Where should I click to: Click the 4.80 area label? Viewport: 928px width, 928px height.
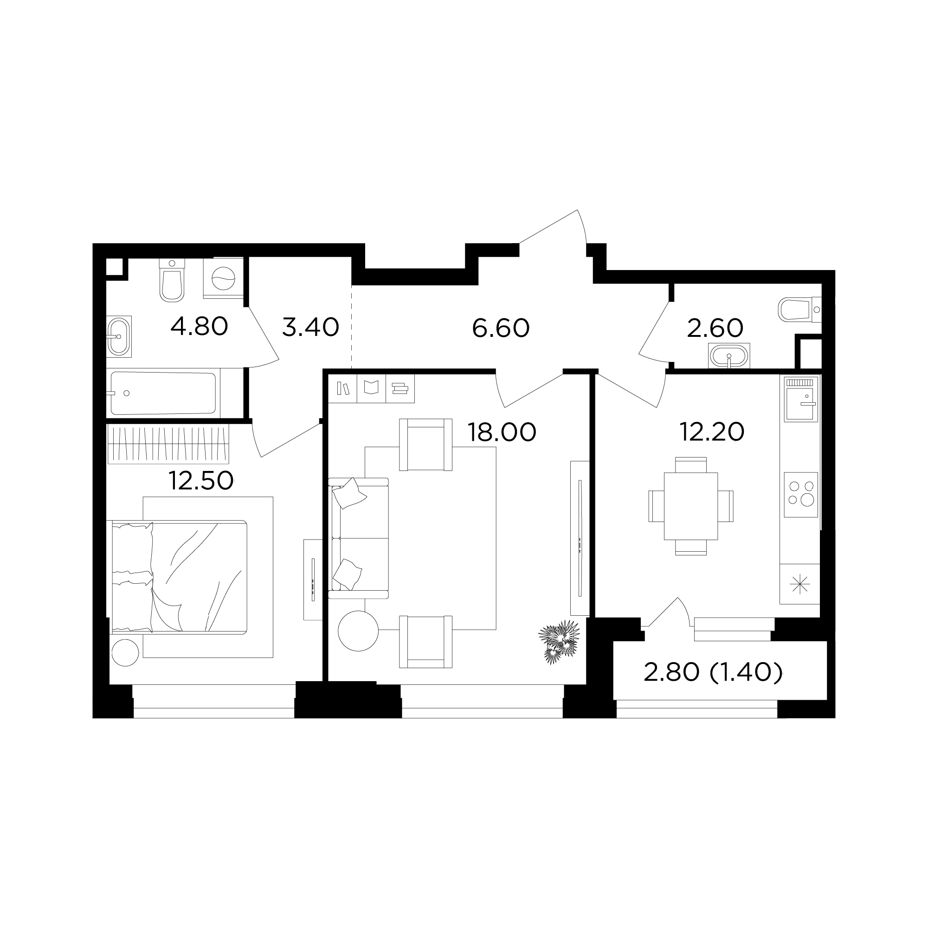[199, 327]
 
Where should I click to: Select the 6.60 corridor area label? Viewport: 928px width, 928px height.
[501, 328]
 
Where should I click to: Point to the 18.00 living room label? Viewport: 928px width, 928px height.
[502, 432]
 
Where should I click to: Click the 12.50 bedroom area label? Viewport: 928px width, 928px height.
[201, 480]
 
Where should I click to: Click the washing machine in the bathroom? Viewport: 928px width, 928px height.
[223, 278]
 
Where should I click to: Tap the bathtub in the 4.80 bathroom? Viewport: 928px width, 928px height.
[163, 393]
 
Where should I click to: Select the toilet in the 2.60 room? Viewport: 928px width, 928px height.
[799, 309]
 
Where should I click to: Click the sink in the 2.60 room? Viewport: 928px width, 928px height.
[728, 356]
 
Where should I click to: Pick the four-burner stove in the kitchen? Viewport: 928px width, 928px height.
[801, 495]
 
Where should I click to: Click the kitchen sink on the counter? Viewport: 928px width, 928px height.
[801, 399]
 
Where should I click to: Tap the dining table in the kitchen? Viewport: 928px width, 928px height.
[691, 506]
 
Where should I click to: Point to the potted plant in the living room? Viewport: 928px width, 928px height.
[559, 642]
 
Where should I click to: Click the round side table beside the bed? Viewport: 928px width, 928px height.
[125, 653]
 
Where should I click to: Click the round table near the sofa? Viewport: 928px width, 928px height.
[358, 631]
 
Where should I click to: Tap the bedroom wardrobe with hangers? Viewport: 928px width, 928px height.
[168, 444]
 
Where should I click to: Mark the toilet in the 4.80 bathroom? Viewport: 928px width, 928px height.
[172, 280]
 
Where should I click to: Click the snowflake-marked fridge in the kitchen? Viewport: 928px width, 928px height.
[800, 584]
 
